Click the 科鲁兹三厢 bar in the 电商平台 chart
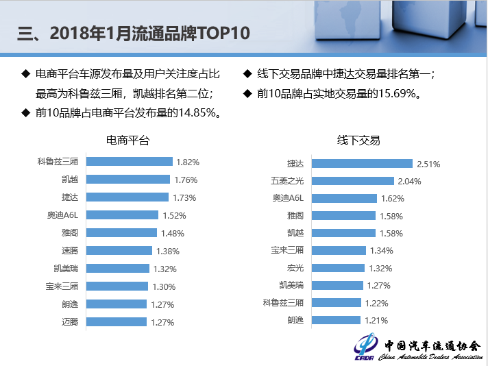[129, 162]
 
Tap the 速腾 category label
[70, 251]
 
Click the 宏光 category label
[295, 267]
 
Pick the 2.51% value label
[428, 164]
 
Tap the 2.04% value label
[409, 182]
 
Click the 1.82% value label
[187, 162]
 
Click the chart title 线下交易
[358, 141]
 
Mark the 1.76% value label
[185, 180]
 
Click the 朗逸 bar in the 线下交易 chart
[335, 320]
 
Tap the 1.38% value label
[168, 252]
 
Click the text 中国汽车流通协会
[432, 345]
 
